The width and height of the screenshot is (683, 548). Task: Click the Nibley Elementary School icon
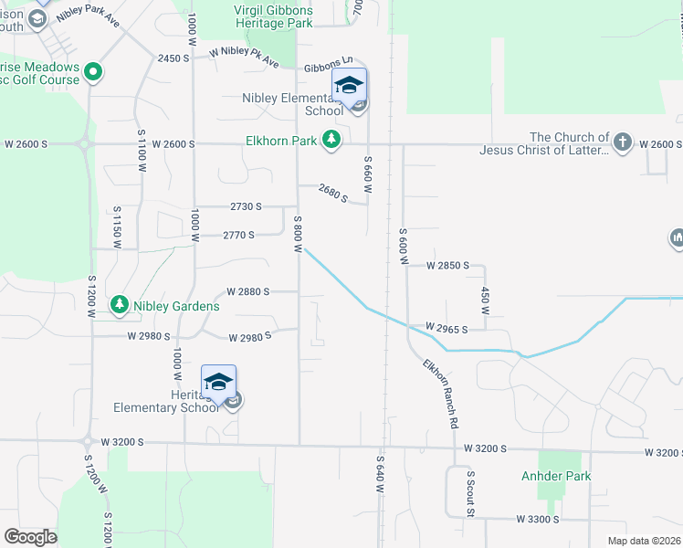(x=349, y=85)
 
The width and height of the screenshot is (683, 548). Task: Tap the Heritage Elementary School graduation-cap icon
(x=218, y=382)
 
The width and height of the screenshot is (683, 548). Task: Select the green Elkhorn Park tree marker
(x=331, y=141)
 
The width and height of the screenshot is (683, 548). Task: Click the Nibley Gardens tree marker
(x=119, y=304)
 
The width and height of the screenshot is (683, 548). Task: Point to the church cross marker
(x=623, y=142)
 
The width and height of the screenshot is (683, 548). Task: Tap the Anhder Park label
(x=556, y=476)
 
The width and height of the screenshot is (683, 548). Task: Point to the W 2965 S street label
(x=447, y=328)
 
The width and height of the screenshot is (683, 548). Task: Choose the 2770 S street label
(x=238, y=235)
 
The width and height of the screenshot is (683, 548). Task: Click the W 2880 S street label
(x=247, y=291)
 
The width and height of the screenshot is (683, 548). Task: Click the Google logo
(x=30, y=537)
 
